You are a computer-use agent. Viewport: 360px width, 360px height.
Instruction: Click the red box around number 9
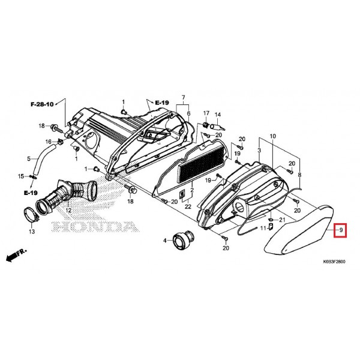coord(340,230)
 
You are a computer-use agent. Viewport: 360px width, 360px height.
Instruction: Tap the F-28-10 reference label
coord(42,104)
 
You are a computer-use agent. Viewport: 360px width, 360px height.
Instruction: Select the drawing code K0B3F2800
coord(334,262)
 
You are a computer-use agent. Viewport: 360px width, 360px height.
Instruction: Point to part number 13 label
coord(32,231)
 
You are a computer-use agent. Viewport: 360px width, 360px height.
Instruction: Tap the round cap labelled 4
coord(183,239)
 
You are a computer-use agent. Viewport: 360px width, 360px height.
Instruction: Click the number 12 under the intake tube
coord(68,211)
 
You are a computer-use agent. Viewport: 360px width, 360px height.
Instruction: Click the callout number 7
coord(183,98)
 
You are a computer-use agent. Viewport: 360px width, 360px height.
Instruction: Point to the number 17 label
coord(206,113)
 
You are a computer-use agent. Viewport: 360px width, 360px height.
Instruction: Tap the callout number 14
coord(217,115)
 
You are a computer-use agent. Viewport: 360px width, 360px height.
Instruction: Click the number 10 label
coord(272,136)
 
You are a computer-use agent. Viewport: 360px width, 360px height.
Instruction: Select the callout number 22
coord(188,206)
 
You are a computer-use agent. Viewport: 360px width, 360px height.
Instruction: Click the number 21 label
coord(282,220)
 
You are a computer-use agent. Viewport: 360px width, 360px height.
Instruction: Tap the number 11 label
coord(263,228)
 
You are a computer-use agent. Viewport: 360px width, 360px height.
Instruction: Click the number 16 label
coord(48,142)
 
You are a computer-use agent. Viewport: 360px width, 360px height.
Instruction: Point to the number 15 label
coord(21,176)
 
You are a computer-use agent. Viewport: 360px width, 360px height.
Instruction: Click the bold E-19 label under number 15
coord(31,193)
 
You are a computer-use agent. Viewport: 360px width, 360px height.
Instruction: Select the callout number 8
coord(299,175)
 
